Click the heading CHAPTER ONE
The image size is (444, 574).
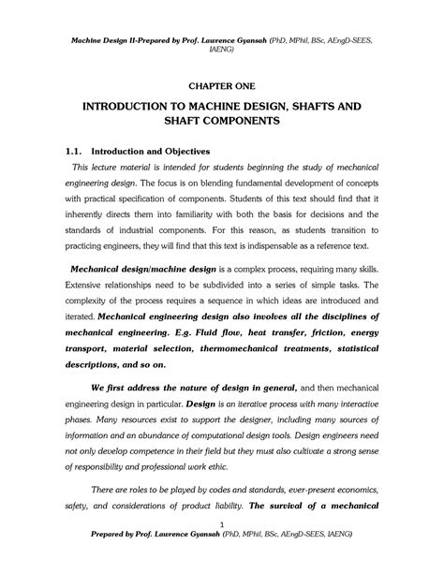222,82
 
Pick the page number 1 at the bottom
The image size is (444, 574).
221,551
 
